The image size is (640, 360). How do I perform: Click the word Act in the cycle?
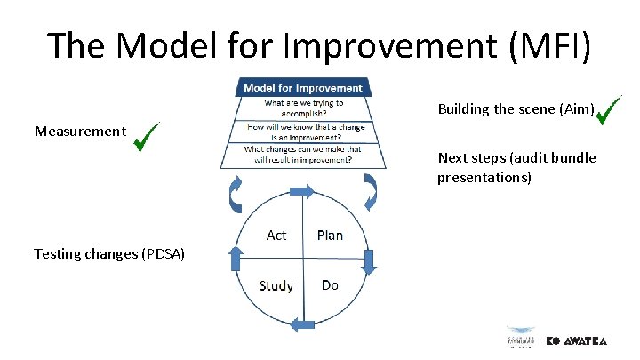pos(276,235)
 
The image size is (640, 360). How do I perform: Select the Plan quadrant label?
pos(330,235)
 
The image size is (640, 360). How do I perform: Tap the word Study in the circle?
pos(276,285)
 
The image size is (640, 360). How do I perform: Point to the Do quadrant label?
pos(330,284)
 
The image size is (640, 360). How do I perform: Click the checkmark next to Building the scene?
pos(609,111)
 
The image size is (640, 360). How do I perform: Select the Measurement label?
pos(80,132)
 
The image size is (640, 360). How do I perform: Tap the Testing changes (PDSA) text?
pos(109,254)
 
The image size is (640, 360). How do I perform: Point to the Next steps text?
pos(516,168)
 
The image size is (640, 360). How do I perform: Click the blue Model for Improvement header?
pos(302,87)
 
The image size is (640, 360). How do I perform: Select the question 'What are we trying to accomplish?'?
pos(303,108)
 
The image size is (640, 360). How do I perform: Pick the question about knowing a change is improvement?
pos(303,132)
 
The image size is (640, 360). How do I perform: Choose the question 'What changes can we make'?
pos(303,155)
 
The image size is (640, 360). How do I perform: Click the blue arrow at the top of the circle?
pos(301,191)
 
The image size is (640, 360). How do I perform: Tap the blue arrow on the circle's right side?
pos(370,261)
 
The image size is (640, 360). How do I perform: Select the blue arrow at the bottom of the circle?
pos(304,326)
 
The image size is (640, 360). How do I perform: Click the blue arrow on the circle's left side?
pos(236,259)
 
